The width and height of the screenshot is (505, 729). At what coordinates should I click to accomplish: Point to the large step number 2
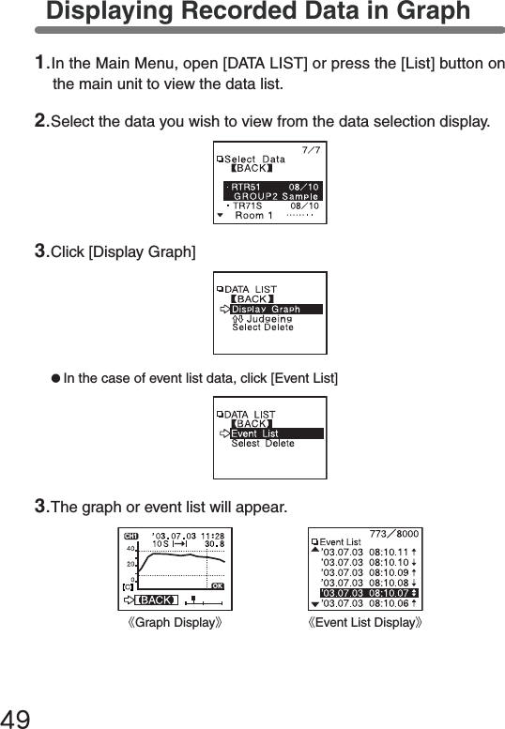[40, 121]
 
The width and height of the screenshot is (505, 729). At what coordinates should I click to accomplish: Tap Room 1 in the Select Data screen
[253, 215]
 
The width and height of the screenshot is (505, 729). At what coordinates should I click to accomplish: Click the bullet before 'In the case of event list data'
[55, 377]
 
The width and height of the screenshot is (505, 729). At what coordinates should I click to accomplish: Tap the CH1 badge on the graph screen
[131, 536]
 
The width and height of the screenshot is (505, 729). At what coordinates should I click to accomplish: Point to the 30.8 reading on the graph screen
[214, 542]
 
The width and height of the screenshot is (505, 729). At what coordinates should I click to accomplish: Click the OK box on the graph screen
[217, 586]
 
